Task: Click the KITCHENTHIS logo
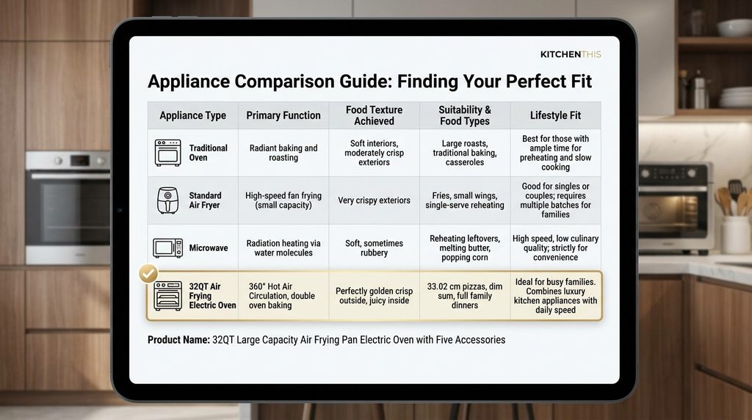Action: click(x=570, y=54)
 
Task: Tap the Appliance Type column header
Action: click(x=193, y=115)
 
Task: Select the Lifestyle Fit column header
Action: click(x=555, y=115)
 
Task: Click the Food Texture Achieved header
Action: click(x=374, y=115)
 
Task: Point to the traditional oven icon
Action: click(x=168, y=153)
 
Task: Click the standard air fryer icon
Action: click(x=168, y=200)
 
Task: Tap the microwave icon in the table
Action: click(x=168, y=248)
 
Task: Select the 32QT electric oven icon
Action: click(x=168, y=296)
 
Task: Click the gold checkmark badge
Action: click(x=148, y=274)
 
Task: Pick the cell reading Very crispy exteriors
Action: click(x=374, y=200)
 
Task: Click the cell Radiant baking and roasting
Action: click(x=283, y=153)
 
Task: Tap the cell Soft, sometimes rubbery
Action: click(x=374, y=248)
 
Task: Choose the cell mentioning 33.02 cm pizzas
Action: click(x=465, y=296)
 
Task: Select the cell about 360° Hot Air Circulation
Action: click(x=282, y=296)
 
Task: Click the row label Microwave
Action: click(x=208, y=248)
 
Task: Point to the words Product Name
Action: click(x=178, y=340)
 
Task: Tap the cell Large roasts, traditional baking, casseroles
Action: click(x=465, y=153)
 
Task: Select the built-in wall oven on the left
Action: click(x=68, y=208)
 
